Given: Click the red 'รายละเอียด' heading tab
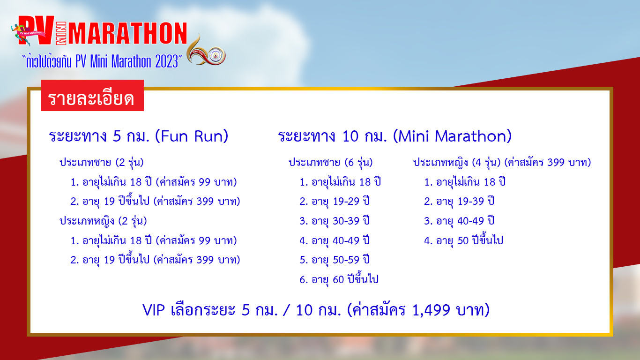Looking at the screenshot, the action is [92, 96].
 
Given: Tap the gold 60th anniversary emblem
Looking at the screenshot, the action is [206, 51].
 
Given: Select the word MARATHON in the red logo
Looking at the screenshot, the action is [127, 33].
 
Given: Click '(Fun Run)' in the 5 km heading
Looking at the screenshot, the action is [192, 136].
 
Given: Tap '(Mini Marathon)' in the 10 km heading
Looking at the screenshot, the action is [452, 136].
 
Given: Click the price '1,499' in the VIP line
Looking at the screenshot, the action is [432, 310].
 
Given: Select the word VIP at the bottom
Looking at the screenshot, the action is [154, 310].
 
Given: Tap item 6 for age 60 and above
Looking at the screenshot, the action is [339, 279].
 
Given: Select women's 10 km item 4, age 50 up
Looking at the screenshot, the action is [463, 240].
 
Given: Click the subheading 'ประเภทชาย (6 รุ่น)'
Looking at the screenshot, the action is [331, 163].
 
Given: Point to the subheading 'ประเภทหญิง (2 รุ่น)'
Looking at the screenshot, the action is [103, 221].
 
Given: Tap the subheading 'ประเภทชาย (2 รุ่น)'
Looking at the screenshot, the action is [101, 163].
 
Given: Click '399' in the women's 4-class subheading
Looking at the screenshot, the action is [556, 163].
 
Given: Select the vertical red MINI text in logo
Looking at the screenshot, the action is [61, 33].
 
